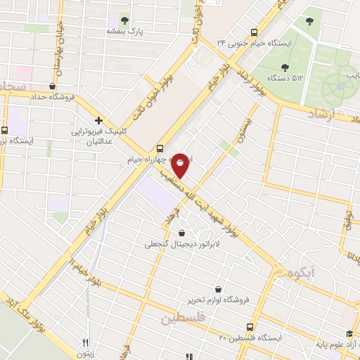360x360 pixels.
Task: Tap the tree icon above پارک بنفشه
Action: pos(124,20)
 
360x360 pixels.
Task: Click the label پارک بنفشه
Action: pos(124,32)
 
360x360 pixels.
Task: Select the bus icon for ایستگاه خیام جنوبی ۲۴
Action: pos(255,31)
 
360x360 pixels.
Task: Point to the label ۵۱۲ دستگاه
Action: pos(283,77)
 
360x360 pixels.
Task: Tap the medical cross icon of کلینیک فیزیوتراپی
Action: pos(99,120)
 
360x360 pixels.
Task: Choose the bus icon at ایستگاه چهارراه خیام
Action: pos(160,148)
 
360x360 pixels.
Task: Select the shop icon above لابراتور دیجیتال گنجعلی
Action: pos(182,233)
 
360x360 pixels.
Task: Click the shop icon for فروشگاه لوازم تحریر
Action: pos(219,289)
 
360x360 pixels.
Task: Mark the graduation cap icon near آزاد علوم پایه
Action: pos(349,335)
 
